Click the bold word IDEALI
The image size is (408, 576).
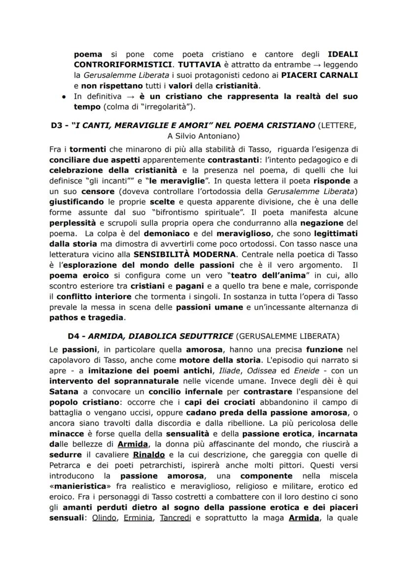(x=342, y=54)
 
